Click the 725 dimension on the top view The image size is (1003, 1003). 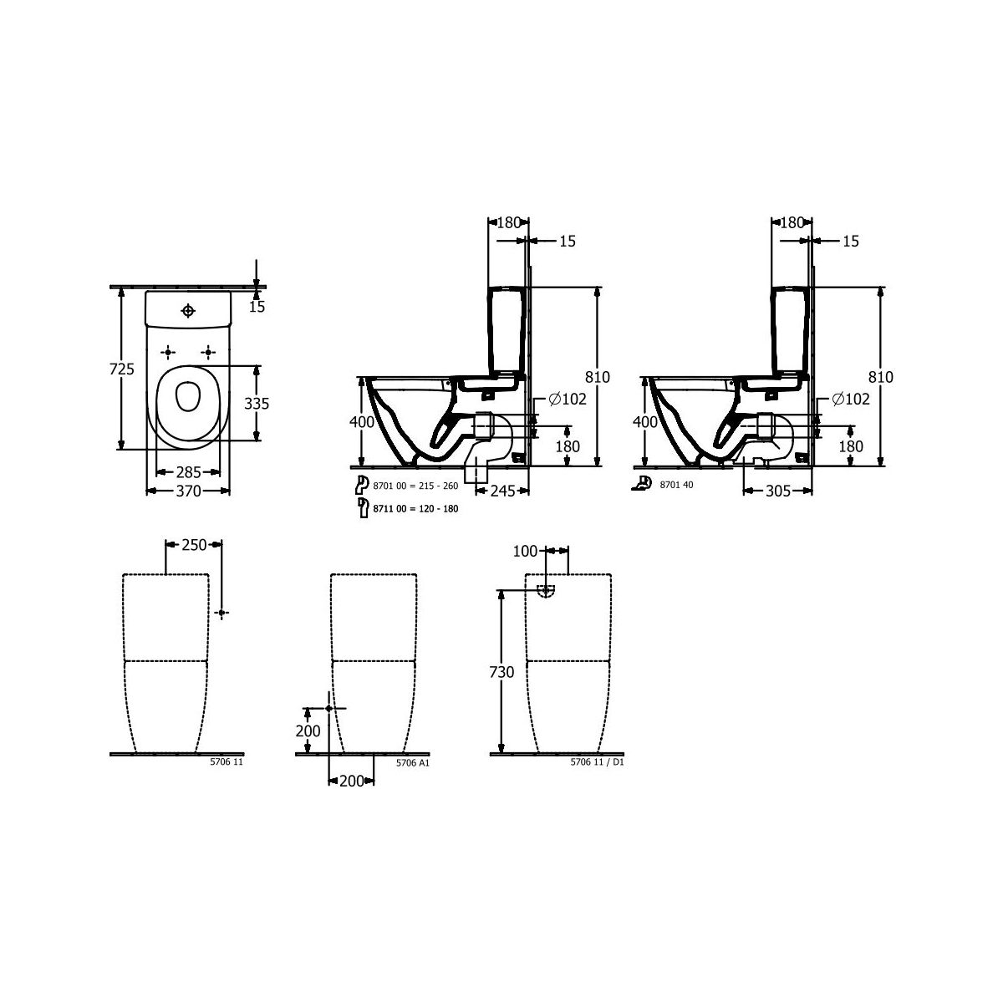tap(122, 369)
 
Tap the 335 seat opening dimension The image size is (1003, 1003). tap(257, 404)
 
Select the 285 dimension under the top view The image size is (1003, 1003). tap(188, 472)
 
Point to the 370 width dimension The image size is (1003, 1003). tap(188, 491)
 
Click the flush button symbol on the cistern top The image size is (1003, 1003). tap(188, 311)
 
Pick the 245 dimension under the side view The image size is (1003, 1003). tap(503, 491)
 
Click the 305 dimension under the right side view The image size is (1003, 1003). tap(778, 491)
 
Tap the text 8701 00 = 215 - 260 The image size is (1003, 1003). tap(416, 486)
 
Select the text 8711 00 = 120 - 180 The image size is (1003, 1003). tap(416, 508)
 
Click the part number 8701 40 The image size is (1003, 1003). tap(677, 485)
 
